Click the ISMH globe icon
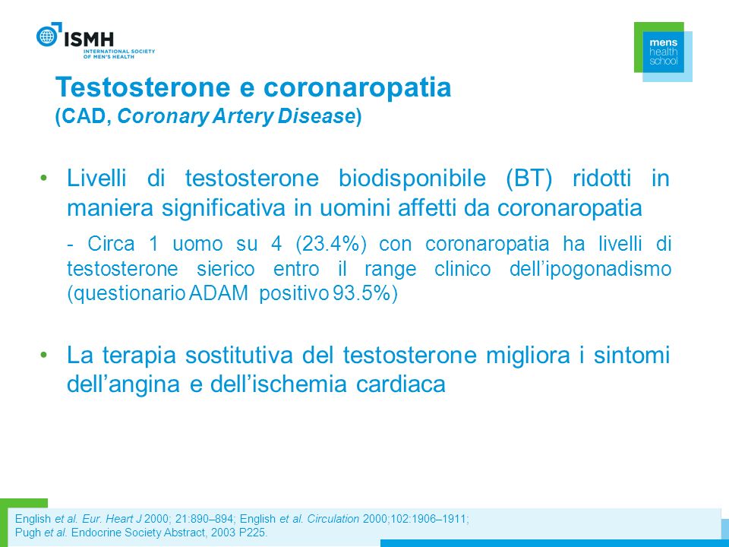[x=47, y=36]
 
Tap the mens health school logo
[x=663, y=52]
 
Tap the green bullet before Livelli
[x=44, y=178]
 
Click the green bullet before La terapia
[x=44, y=355]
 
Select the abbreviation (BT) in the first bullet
[x=529, y=179]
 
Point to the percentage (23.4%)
[x=330, y=244]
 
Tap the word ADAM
[x=219, y=294]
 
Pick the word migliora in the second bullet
[x=528, y=356]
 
